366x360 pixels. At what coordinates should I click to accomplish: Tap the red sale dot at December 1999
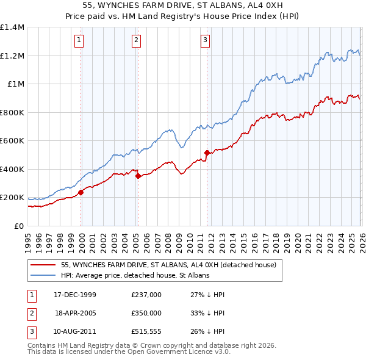tap(81, 192)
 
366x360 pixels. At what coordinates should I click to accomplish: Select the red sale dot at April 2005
tap(138, 176)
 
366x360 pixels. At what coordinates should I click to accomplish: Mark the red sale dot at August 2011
tap(207, 153)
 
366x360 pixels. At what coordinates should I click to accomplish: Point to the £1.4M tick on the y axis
tap(12, 27)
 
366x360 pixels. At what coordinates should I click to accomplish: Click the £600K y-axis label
tap(12, 141)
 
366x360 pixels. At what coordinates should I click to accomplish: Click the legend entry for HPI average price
tap(135, 276)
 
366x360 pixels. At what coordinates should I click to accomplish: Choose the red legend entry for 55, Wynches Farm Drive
tap(169, 265)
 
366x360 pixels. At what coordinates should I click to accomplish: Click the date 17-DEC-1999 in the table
tap(75, 295)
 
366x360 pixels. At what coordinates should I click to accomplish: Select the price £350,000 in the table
tap(146, 312)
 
